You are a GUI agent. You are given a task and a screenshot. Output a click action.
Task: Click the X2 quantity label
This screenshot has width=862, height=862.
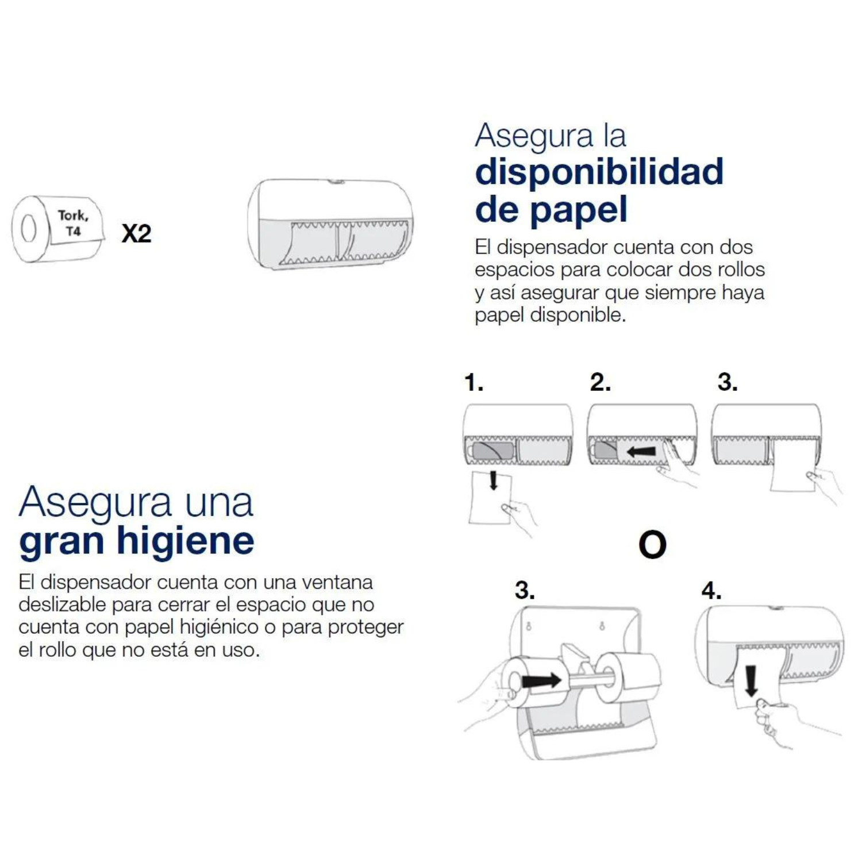(136, 233)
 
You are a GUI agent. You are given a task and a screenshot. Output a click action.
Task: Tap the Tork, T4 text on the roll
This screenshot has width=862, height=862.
(73, 223)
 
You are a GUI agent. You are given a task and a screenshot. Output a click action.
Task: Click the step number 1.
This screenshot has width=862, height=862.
(474, 382)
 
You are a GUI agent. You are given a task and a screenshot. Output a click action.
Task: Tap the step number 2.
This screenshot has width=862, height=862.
(600, 382)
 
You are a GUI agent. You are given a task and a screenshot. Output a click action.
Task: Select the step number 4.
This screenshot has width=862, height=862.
(711, 590)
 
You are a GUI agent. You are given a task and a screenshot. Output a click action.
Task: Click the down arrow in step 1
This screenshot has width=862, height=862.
(493, 480)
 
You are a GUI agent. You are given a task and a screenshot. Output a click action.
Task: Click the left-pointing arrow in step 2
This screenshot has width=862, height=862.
(641, 452)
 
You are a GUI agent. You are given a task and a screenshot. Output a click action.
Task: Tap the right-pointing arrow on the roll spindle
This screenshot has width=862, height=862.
(541, 680)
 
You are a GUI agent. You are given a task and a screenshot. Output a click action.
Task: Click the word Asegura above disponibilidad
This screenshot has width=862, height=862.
(534, 137)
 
